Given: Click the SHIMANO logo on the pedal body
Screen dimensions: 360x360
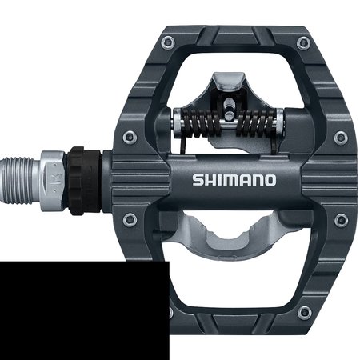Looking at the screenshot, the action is tap(234, 180).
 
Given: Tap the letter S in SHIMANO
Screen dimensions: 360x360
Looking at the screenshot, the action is tap(198, 180).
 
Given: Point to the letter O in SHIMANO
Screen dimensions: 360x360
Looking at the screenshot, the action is tap(270, 180).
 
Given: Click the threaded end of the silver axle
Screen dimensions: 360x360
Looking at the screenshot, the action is tap(18, 181).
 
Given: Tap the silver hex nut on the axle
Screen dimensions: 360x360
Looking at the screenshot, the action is tap(53, 180).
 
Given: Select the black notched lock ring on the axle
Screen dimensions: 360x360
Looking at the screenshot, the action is tap(84, 181).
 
